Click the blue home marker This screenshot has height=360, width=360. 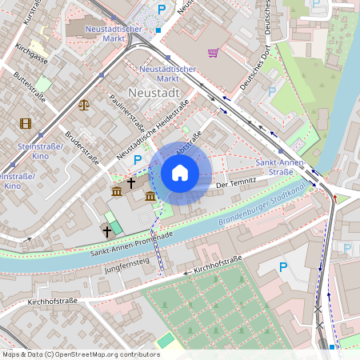[180, 173]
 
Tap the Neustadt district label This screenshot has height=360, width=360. [154, 94]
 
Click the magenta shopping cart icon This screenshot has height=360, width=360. [213, 53]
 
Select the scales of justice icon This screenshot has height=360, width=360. [84, 103]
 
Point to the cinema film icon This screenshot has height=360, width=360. [26, 123]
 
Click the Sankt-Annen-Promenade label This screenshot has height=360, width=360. [132, 244]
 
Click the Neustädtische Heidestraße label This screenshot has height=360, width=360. [152, 128]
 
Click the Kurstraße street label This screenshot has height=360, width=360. [33, 13]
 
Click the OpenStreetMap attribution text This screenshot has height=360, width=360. [81, 354]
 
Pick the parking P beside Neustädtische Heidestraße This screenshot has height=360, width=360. [138, 160]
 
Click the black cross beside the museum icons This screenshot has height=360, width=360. [131, 183]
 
